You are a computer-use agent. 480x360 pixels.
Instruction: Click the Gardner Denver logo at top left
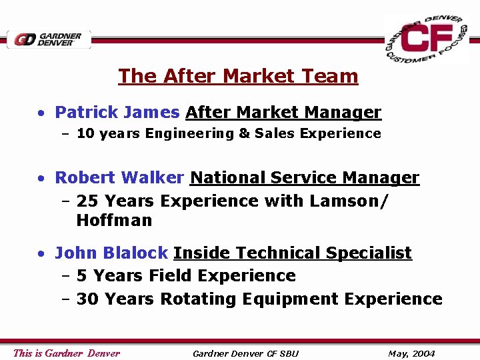coord(49,39)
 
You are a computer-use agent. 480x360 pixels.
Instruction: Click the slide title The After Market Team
coord(238,76)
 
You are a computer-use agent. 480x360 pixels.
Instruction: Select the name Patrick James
coord(117,113)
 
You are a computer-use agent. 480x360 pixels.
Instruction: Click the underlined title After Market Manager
coord(283,113)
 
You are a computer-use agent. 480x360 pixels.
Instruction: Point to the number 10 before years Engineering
coord(85,133)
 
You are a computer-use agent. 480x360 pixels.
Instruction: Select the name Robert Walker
coord(119,178)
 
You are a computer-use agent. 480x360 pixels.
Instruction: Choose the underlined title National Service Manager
coord(305,178)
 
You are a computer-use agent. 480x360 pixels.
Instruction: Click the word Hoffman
coord(114,220)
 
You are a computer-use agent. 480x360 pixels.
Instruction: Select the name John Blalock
coord(111,253)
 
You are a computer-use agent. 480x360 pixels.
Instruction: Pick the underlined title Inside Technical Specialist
coord(293,253)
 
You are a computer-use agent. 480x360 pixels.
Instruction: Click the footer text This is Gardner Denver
coord(67,353)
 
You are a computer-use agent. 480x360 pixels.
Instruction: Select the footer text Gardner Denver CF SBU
coord(245,353)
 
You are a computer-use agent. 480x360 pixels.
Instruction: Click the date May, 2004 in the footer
coord(411,353)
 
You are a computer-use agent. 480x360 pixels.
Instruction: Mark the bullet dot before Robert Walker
coord(41,179)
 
